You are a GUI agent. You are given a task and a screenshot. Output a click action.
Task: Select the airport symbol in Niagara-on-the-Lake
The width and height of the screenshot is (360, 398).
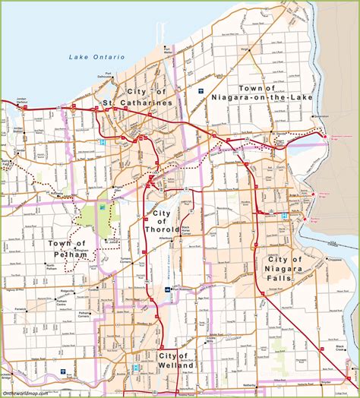pyautogui.click(x=201, y=91)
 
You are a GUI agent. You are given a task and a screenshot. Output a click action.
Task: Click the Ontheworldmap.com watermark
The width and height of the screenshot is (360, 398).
pyautogui.click(x=25, y=393)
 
